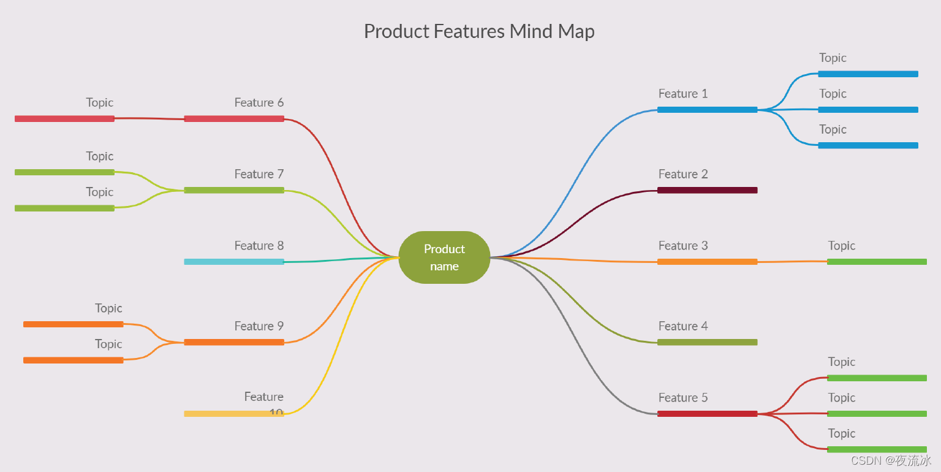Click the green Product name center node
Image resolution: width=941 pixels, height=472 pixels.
pos(444,257)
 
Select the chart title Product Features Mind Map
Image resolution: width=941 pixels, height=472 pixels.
pos(479,31)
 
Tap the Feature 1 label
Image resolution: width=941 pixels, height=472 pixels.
pos(682,94)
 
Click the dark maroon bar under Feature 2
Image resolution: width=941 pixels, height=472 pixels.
pos(707,190)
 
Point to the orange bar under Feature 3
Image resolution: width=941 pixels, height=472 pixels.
pos(707,262)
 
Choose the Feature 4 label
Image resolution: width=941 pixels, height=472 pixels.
pos(682,326)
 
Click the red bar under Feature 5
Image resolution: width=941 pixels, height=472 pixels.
pos(707,414)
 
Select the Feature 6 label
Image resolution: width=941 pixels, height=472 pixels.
pos(259,102)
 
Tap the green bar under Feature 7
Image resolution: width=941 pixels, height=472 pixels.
pos(234,190)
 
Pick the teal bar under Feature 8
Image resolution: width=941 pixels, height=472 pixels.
pos(234,262)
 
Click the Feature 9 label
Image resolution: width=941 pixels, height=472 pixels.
pos(259,326)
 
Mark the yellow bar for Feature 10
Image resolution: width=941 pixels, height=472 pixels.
pos(227,414)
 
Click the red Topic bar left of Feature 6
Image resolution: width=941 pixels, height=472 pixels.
pos(64,118)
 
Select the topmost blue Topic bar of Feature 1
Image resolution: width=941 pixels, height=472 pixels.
pos(867,74)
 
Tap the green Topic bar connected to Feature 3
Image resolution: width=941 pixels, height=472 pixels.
pos(877,262)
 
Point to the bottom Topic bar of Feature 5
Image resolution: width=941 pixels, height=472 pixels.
pos(877,449)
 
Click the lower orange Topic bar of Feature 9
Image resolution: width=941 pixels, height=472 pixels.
pos(74,360)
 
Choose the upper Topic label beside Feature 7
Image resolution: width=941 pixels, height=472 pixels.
pos(99,156)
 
